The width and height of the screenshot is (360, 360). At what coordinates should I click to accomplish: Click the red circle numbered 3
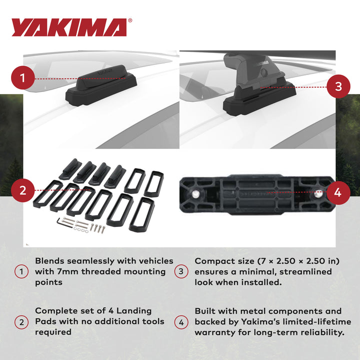pyautogui.click(x=338, y=86)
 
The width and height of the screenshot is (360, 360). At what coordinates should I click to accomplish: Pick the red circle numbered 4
pyautogui.click(x=337, y=192)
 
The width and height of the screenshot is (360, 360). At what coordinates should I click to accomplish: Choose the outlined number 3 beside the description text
pyautogui.click(x=181, y=272)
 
